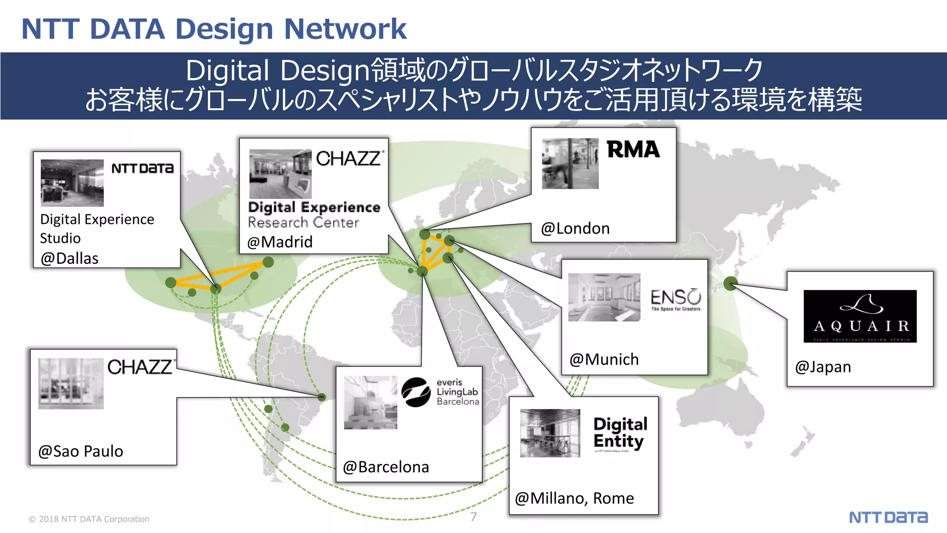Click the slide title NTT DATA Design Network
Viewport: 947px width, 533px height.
(x=214, y=29)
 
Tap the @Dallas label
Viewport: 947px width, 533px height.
(x=69, y=258)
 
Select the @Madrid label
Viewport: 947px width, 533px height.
(x=280, y=242)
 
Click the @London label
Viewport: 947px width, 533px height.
(x=575, y=228)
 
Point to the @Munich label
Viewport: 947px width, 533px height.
(x=604, y=359)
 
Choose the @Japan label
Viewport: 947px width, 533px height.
(x=823, y=367)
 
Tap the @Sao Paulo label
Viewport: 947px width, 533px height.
(x=80, y=451)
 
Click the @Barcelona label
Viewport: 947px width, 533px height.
(x=386, y=467)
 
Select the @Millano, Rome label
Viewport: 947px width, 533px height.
(x=574, y=498)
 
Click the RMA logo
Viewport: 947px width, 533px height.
(x=633, y=149)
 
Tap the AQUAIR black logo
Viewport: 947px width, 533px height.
(x=860, y=316)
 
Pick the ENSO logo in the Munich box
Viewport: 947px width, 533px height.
(x=676, y=299)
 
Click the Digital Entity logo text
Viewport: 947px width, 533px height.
(x=620, y=433)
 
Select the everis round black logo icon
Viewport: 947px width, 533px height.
(x=416, y=392)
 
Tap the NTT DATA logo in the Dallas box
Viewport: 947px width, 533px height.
(x=142, y=168)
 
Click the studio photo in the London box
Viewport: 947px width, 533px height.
(x=570, y=163)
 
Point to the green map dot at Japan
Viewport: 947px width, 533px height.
(x=730, y=283)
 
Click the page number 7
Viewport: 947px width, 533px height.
(x=473, y=517)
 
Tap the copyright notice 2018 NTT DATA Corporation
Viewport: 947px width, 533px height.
(x=89, y=519)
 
